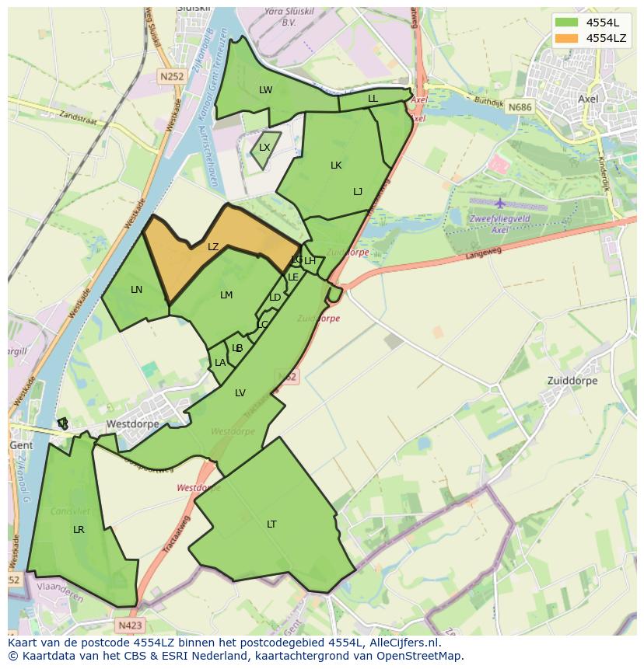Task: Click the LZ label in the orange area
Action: (x=213, y=247)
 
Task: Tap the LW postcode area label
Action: (x=266, y=90)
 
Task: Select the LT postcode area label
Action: (x=271, y=524)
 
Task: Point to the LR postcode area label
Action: (x=79, y=530)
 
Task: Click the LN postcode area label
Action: (x=136, y=290)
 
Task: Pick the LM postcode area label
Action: (x=226, y=295)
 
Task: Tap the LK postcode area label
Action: (x=336, y=166)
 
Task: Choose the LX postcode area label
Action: (x=264, y=148)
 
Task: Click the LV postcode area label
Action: (x=240, y=393)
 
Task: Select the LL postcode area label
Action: (x=373, y=99)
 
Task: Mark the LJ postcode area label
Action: (x=358, y=192)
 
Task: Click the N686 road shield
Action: (x=521, y=107)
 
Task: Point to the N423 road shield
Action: (x=131, y=625)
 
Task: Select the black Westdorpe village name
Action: (x=132, y=424)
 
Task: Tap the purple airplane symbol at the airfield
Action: (x=499, y=204)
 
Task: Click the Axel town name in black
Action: (x=588, y=99)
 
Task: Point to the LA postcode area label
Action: (x=220, y=363)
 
